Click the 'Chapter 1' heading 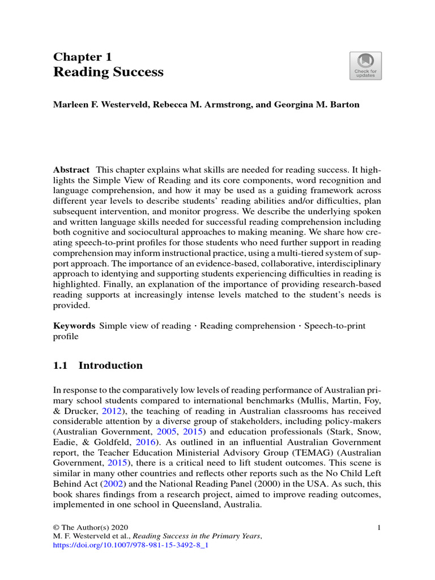(x=83, y=57)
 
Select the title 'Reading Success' (x=108, y=72)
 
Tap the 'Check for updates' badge (x=365, y=66)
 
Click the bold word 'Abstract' (x=71, y=170)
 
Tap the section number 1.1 (x=61, y=366)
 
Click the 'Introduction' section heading (x=110, y=366)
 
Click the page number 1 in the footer (x=378, y=528)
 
